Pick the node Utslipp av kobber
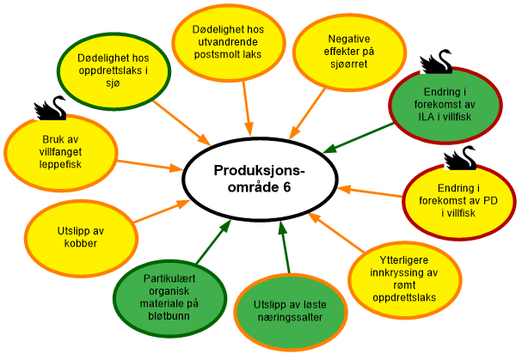[x=78, y=236]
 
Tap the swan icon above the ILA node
[x=435, y=63]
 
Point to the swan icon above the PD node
[x=461, y=157]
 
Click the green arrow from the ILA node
[x=356, y=138]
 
